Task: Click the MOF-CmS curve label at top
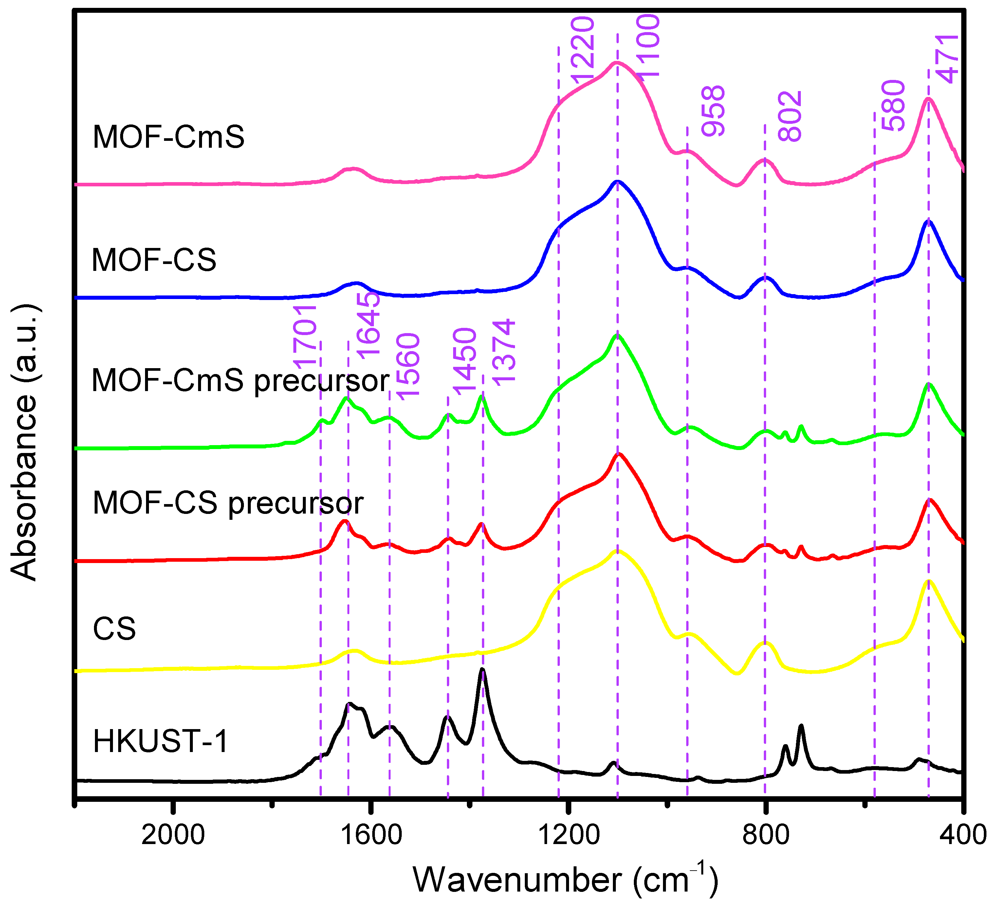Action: [x=169, y=137]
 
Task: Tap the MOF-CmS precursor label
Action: [x=240, y=381]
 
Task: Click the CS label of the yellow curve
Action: [x=114, y=629]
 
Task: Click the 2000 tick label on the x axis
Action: [x=173, y=836]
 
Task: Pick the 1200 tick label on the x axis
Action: [x=569, y=836]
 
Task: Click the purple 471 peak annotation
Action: [x=947, y=60]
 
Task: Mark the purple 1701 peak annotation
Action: [x=305, y=336]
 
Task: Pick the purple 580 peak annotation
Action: [x=893, y=106]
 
